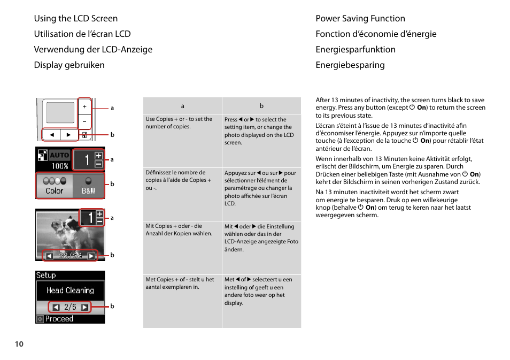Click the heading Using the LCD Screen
75,19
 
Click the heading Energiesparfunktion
355,50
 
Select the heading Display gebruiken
69,65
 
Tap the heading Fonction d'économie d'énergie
376,34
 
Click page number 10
19,344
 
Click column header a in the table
182,106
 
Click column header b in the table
261,106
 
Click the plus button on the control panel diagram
84,107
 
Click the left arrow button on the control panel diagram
51,135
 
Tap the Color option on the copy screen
54,186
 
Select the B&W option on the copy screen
88,186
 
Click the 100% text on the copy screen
59,166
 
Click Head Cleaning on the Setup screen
70,290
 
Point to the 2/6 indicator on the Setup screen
70,307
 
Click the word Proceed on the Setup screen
59,319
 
